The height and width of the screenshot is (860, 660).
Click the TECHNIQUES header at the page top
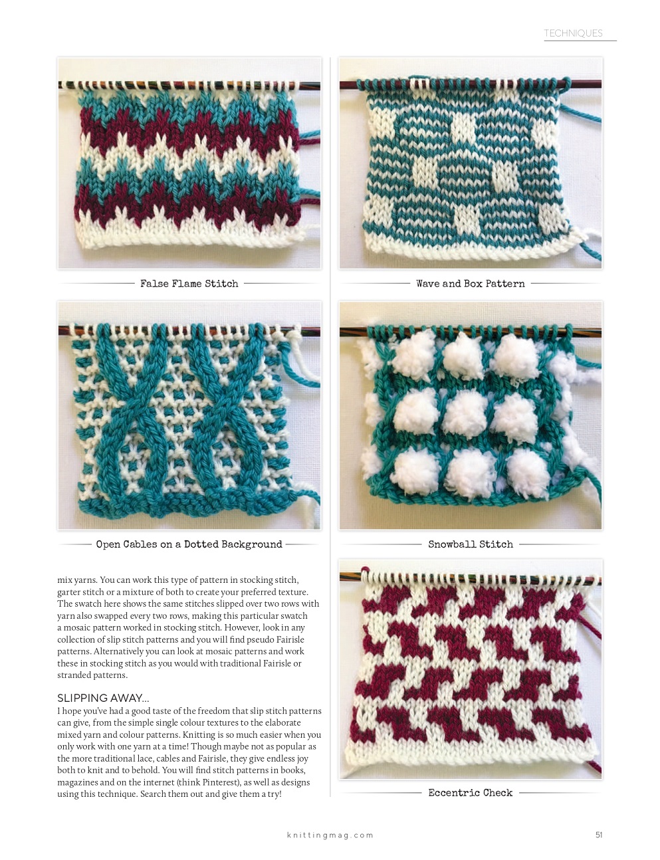[573, 33]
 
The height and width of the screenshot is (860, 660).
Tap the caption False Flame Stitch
[189, 283]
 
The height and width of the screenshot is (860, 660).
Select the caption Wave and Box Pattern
[471, 283]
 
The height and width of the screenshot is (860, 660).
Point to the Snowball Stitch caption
[471, 544]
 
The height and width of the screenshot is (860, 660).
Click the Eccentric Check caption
[471, 793]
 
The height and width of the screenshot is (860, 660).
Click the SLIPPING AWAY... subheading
[103, 698]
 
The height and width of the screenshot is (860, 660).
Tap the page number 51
[599, 835]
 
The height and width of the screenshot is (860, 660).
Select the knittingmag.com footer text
[330, 835]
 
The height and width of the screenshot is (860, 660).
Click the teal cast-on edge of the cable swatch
[186, 504]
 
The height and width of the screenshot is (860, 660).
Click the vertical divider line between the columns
[330, 427]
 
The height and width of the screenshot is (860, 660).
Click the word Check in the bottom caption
[498, 793]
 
